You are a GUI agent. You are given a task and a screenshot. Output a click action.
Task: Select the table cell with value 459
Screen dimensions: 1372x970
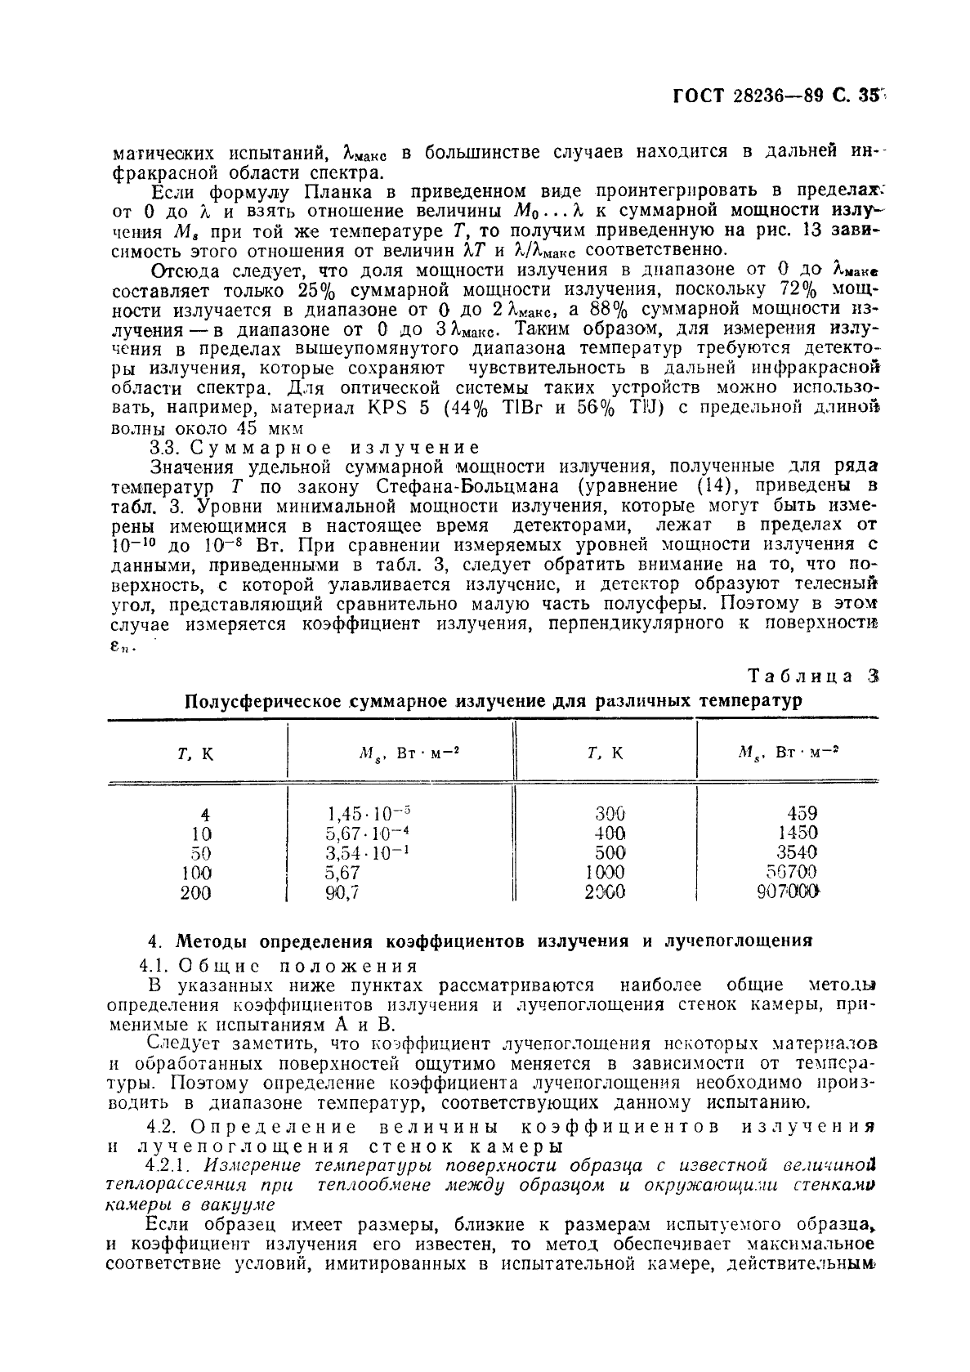coord(802,813)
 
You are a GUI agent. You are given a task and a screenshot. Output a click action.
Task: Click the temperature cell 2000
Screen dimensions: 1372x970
coord(606,892)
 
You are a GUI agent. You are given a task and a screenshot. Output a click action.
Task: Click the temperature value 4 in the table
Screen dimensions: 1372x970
coord(204,815)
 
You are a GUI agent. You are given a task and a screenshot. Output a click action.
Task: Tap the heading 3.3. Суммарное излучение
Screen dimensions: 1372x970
coord(314,447)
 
